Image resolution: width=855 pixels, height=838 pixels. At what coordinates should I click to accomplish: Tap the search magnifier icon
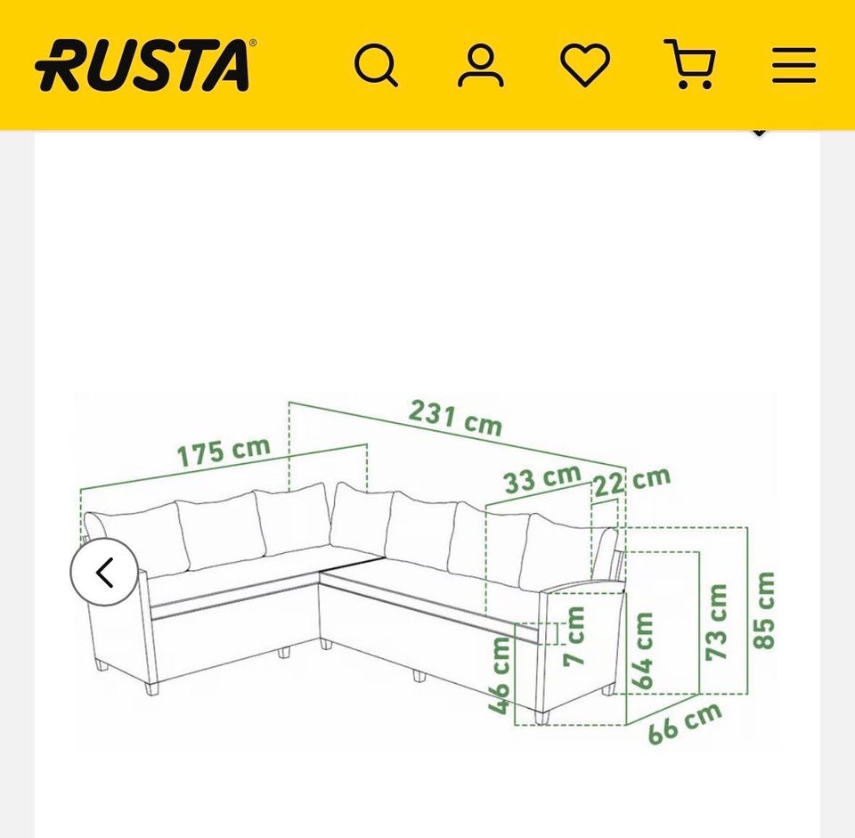pos(376,65)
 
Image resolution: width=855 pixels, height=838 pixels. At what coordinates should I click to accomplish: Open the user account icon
pos(480,66)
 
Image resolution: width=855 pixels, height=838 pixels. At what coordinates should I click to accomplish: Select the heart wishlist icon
pos(585,65)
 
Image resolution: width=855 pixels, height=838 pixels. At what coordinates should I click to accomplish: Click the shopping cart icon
pos(689,64)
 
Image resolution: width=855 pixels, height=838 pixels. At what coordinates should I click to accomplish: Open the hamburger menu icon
pos(794,65)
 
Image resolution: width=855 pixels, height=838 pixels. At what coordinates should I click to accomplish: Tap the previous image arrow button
pos(104,572)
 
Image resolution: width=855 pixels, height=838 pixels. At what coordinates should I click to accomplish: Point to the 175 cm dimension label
pos(224,452)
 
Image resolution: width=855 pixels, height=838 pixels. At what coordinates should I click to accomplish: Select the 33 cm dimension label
pos(542,479)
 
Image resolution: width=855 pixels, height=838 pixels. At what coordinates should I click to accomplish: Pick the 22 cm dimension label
pos(631,482)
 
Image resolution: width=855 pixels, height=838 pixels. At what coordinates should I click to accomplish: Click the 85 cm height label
pos(763,610)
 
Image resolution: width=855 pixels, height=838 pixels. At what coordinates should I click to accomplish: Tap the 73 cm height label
pos(716,622)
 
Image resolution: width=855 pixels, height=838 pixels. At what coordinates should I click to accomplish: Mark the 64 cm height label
pos(642,651)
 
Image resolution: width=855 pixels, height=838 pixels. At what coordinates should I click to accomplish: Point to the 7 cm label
pos(574,636)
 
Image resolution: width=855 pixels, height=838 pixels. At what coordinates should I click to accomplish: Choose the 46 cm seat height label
pos(499,675)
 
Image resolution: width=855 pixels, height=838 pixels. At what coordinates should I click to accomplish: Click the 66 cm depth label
pos(685,723)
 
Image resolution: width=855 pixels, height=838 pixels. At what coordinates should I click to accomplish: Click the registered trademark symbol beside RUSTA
pos(252,43)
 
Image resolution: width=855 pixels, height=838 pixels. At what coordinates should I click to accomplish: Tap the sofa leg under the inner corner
pos(326,645)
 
